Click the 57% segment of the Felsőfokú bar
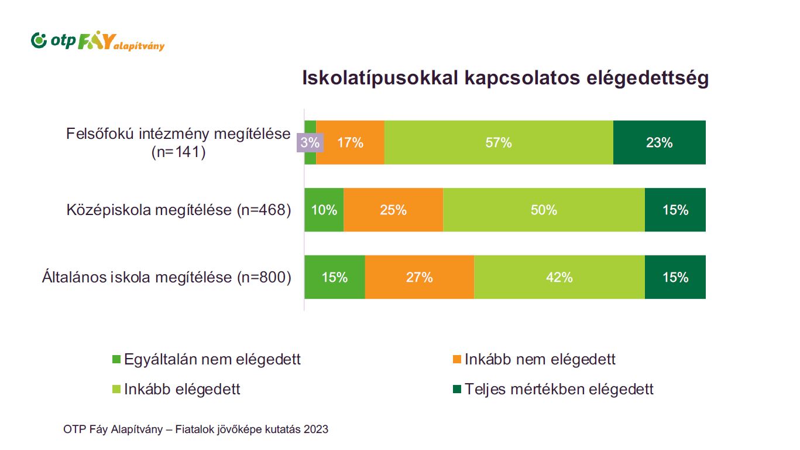coord(499,142)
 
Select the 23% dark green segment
coord(659,142)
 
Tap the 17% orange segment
coord(350,142)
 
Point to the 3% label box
coord(310,142)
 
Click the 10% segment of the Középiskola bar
coord(324,210)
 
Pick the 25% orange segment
coord(393,210)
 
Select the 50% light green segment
coord(544,210)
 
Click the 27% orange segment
coord(419,277)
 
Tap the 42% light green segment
coord(559,277)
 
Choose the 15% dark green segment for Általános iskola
coord(675,277)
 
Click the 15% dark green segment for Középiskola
coord(675,210)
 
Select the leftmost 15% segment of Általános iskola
coord(334,277)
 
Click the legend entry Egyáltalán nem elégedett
coord(206,359)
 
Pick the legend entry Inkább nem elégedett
coord(534,359)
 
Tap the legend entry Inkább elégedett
coord(176,389)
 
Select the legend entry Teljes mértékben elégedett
coord(553,389)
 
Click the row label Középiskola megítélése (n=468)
coord(178,210)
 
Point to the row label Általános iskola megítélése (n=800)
coord(166,277)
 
